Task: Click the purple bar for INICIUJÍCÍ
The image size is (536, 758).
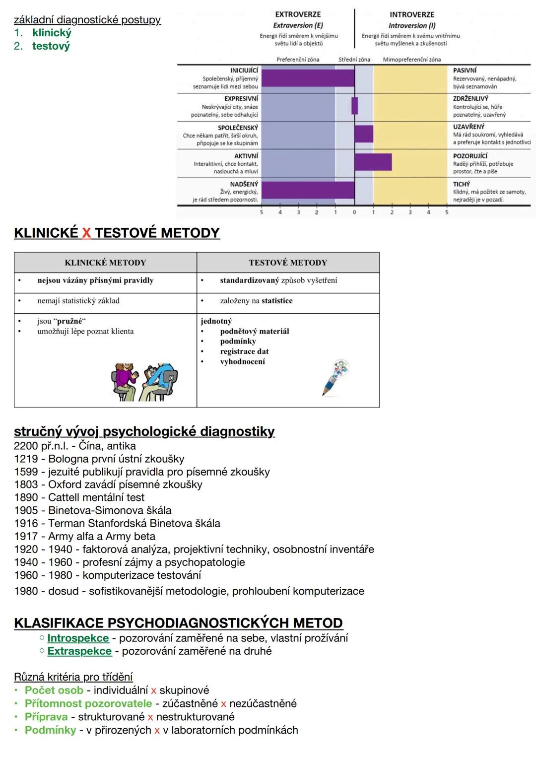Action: tap(308, 78)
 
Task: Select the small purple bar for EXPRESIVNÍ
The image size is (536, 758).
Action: tap(355, 106)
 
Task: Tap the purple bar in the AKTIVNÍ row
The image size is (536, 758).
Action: tap(373, 162)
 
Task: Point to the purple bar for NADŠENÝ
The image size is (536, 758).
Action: tap(308, 191)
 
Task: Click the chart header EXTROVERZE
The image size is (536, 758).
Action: tap(298, 14)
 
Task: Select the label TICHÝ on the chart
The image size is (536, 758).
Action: tap(461, 184)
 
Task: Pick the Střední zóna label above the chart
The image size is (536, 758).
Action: tap(354, 60)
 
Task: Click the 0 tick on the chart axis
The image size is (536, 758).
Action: tap(354, 212)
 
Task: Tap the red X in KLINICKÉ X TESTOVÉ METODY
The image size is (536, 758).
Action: tap(86, 233)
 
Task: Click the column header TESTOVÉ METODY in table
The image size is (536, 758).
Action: tap(288, 263)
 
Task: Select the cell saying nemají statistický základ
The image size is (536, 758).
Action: tap(78, 301)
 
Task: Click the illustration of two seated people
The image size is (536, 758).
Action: tap(144, 381)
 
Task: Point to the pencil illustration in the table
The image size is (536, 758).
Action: tap(335, 377)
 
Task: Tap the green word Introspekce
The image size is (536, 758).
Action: tap(78, 638)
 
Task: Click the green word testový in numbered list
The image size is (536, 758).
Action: tap(51, 46)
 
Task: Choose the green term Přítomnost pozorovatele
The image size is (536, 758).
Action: tap(88, 703)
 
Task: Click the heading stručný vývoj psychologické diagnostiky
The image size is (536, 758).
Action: tap(144, 431)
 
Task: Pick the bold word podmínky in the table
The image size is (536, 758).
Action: tap(238, 342)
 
